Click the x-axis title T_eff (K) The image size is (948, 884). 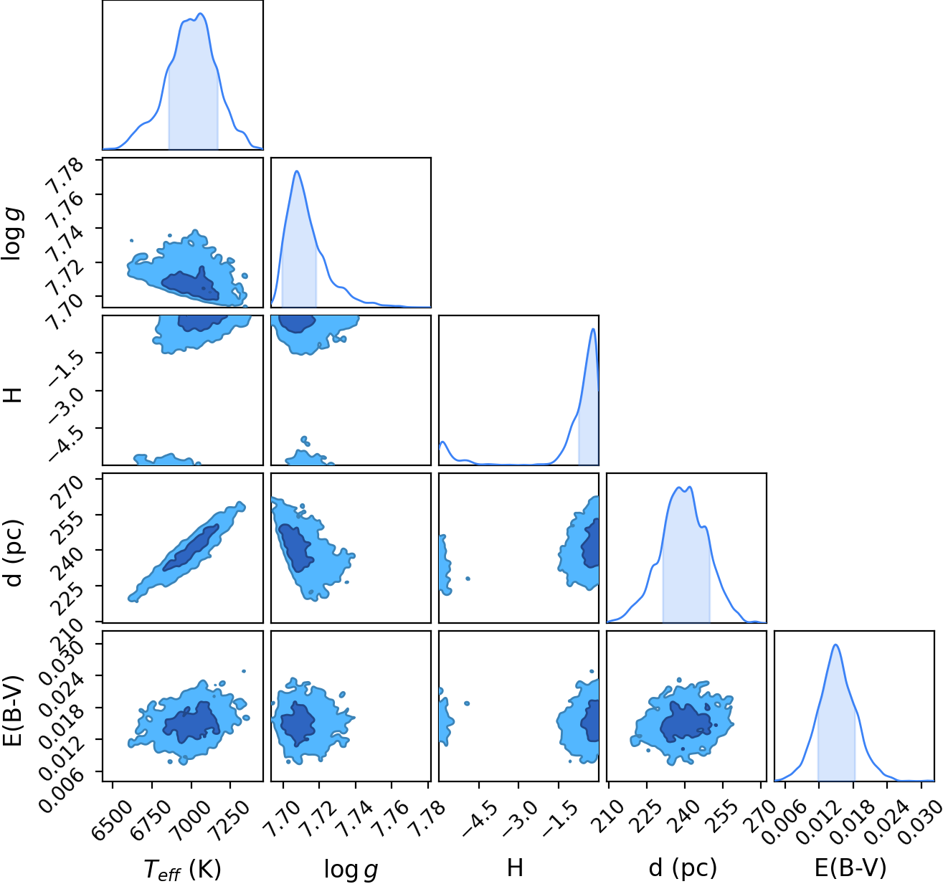[182, 869]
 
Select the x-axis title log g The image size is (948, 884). [351, 870]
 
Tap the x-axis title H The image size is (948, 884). [515, 868]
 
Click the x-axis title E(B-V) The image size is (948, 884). [850, 868]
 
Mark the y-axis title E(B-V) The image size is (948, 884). [12, 706]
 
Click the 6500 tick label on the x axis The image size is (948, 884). [111, 816]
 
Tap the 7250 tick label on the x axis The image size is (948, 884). [229, 816]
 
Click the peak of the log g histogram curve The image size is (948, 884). [296, 171]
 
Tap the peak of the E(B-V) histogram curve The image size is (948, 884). [835, 645]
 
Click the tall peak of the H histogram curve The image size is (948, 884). [593, 329]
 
